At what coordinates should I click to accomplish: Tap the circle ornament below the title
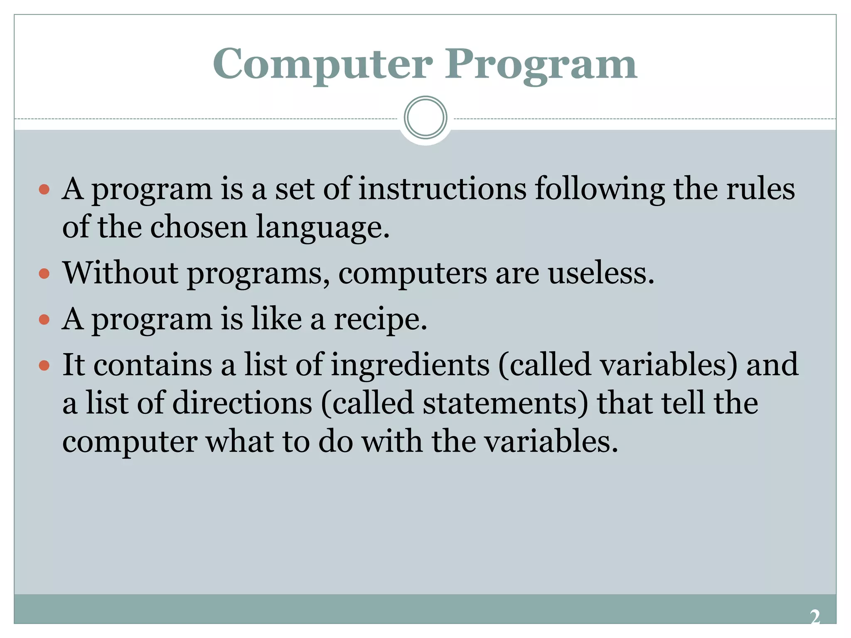(x=425, y=118)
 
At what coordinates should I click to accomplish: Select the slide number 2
(x=815, y=617)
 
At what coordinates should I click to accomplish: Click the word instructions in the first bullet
(x=442, y=189)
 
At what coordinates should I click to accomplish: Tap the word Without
(x=121, y=273)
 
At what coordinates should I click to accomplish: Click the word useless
(x=601, y=273)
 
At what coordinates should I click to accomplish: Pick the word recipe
(x=381, y=320)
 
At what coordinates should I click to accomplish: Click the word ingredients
(x=410, y=365)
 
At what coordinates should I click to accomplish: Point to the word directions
(x=242, y=403)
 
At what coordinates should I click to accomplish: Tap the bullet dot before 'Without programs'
(x=44, y=274)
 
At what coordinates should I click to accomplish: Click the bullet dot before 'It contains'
(x=44, y=366)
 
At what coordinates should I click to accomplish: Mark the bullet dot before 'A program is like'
(x=44, y=320)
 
